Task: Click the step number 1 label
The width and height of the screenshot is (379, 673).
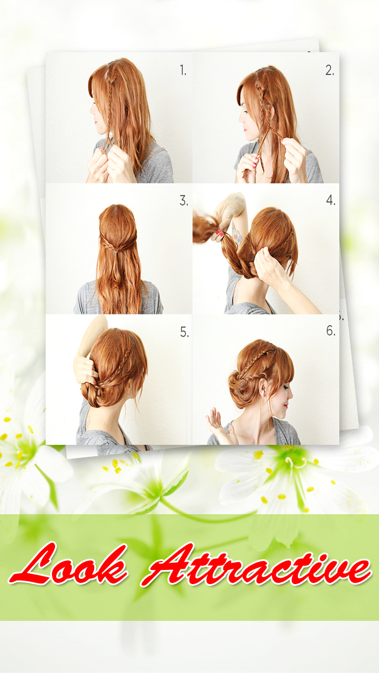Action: [183, 71]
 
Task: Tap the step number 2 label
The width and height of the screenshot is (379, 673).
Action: [329, 71]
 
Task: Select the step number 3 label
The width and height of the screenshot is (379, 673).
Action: [184, 200]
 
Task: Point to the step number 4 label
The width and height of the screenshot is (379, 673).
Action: [330, 200]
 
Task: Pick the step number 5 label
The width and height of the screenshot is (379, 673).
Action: [184, 332]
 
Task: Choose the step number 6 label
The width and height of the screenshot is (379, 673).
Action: [330, 331]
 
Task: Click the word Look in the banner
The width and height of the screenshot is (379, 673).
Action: [68, 564]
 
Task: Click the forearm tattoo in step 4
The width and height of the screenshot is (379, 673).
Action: [236, 233]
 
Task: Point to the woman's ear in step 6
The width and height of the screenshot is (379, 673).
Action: [262, 388]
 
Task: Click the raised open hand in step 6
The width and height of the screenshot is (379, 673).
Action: [221, 423]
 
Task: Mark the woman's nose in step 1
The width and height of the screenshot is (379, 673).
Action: [91, 110]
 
